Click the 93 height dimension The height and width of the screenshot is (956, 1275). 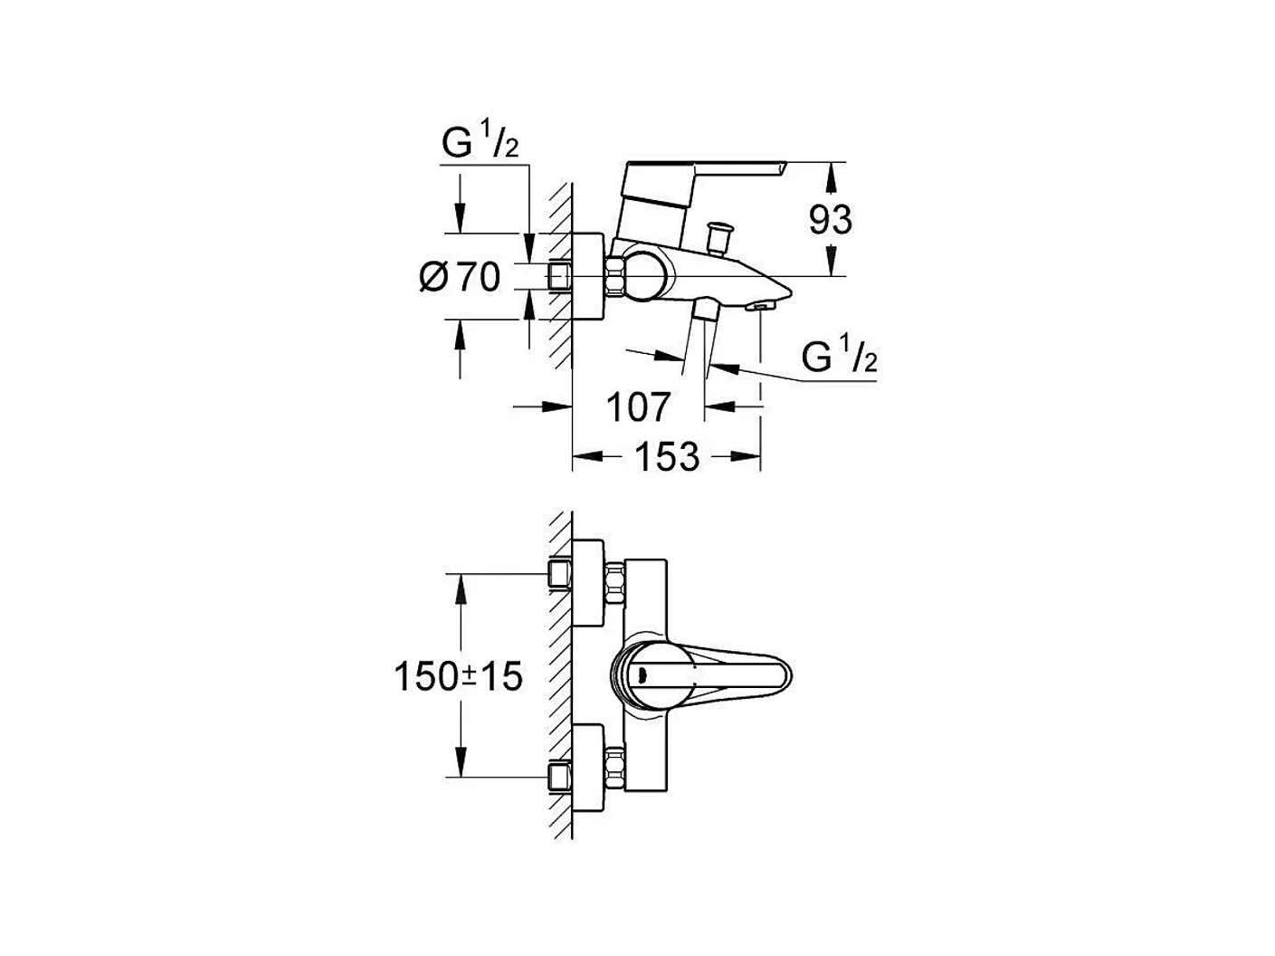tap(830, 220)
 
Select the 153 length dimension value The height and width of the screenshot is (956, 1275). tap(666, 457)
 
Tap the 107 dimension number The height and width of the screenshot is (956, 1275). tap(638, 407)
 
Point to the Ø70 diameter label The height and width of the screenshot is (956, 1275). tap(460, 277)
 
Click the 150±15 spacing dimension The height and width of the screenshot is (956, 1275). tap(459, 675)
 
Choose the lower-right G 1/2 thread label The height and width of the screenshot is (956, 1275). tap(839, 358)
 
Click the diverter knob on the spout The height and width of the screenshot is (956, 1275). tap(721, 238)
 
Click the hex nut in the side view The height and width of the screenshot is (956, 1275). tap(617, 276)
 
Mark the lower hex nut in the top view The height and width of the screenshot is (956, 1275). tap(617, 768)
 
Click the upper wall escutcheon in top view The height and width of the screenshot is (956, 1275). tap(589, 584)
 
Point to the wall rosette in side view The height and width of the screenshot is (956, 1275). tap(589, 276)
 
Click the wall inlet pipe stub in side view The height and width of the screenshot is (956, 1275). tap(560, 276)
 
